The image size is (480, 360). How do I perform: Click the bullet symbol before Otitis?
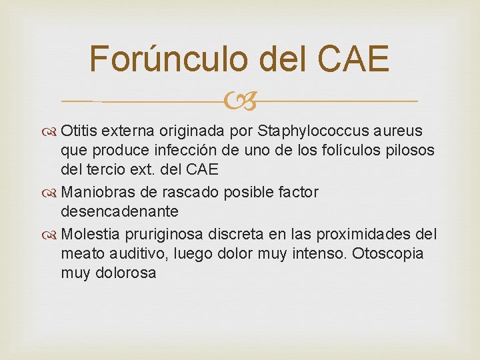click(51, 129)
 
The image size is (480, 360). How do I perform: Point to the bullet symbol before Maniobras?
click(51, 193)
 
